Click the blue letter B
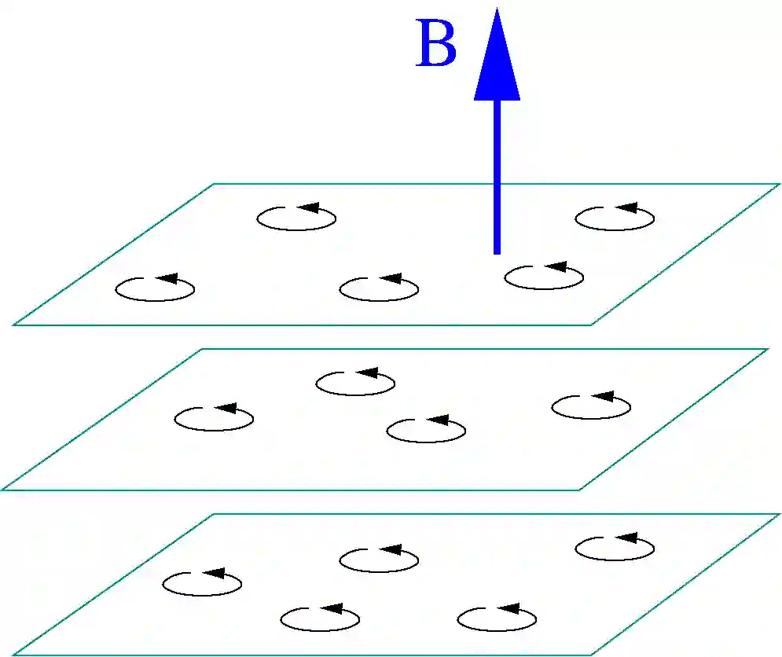435,46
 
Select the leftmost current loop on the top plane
155,289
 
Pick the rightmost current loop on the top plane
615,218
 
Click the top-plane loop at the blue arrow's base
544,277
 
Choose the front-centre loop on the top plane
379,288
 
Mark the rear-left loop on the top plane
296,218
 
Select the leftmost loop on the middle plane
214,419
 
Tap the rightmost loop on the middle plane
591,406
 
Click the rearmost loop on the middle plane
355,383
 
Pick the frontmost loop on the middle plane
426,430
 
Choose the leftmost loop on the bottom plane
202,583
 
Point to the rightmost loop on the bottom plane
615,548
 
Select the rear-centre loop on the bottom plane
379,560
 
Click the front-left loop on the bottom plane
320,618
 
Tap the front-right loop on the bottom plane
497,618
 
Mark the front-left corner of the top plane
14,325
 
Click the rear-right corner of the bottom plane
779,514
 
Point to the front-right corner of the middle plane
579,490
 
